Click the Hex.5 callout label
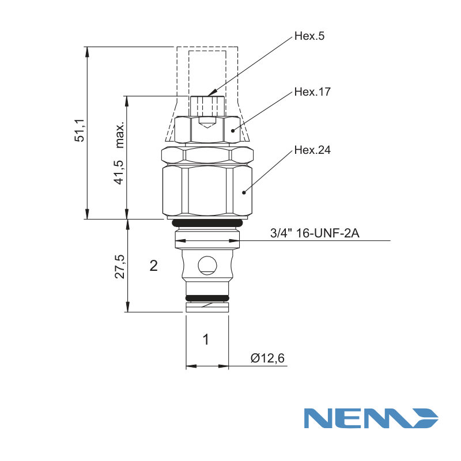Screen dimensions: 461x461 [x=309, y=36]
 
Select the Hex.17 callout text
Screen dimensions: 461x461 [x=312, y=92]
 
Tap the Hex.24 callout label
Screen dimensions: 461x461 [x=312, y=150]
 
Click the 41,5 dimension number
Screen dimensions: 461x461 [x=120, y=172]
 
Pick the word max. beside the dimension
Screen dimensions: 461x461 [x=120, y=135]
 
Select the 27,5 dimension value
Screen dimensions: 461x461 [x=120, y=267]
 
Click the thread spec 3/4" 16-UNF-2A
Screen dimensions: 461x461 [x=315, y=233]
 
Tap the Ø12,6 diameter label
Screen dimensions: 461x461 [x=267, y=358]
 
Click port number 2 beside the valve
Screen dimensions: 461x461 [x=153, y=266]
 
